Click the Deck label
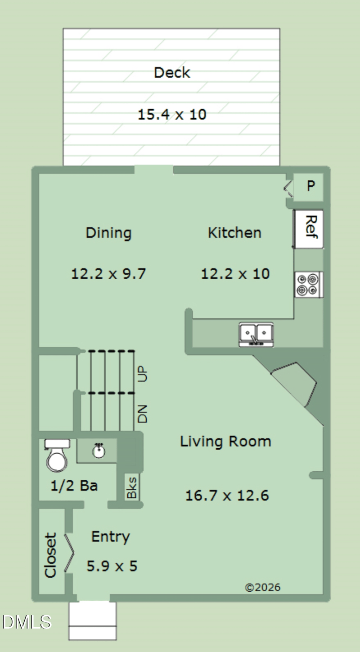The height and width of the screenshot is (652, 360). coord(172,72)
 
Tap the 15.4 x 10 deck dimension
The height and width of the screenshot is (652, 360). coord(172,114)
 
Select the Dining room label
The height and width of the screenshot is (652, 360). coord(108,233)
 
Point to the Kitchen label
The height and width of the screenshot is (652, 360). coord(235,233)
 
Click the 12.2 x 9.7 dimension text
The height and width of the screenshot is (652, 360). coord(108,274)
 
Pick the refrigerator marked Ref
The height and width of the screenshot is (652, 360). coord(308,229)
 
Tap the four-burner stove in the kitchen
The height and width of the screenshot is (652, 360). coord(309,285)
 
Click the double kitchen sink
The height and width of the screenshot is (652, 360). coord(256,335)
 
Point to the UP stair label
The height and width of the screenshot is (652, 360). coord(143,374)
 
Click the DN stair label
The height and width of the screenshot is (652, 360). coord(143,414)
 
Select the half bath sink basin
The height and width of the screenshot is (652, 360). coord(99,451)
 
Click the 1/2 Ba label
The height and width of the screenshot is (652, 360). coord(74,486)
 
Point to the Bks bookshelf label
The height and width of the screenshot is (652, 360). coord(132,487)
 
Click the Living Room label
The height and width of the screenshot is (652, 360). coord(226,442)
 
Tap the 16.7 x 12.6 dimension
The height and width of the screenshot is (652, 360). coord(227,496)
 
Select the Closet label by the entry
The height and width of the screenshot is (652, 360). coord(50,555)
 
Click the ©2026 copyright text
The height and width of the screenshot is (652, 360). coord(263,587)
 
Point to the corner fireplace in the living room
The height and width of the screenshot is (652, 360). coord(294,384)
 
